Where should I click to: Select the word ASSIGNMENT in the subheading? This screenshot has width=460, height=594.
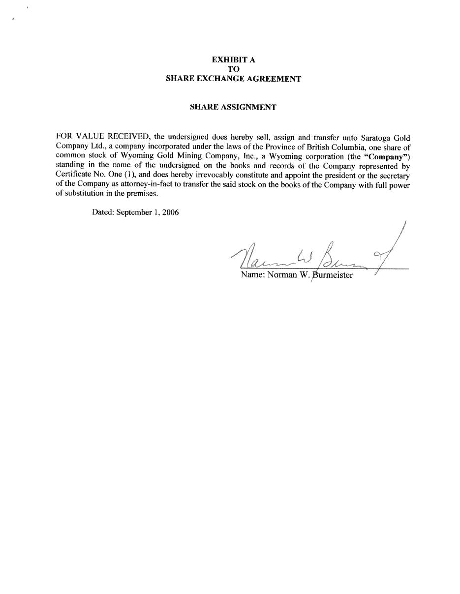pos(248,107)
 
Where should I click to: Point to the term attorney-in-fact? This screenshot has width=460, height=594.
pos(146,184)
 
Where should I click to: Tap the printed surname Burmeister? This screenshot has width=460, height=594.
pos(333,275)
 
